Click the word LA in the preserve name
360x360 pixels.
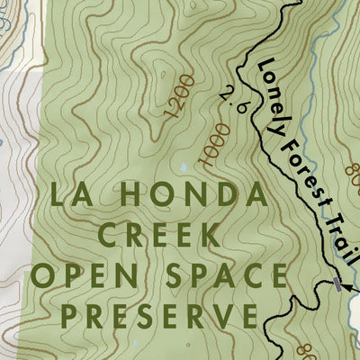[x=71, y=194]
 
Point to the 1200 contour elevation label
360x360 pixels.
[x=180, y=96]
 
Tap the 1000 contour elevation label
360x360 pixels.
[x=214, y=149]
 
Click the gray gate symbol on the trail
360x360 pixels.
[x=337, y=284]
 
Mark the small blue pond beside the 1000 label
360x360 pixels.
[x=184, y=167]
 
